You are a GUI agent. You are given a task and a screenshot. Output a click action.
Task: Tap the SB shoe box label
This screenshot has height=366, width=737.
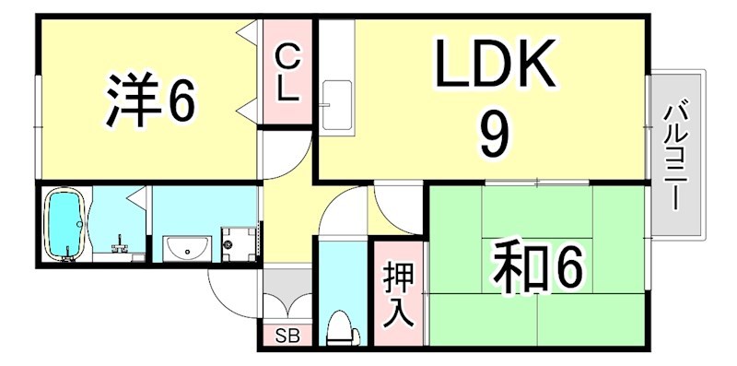[287, 335]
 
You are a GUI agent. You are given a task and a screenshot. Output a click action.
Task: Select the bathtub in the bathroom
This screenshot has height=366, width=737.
[64, 225]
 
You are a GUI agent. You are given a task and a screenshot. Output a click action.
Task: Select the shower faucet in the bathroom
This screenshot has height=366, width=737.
[119, 246]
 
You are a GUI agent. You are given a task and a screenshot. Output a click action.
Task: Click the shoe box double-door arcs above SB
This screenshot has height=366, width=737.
[287, 305]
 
